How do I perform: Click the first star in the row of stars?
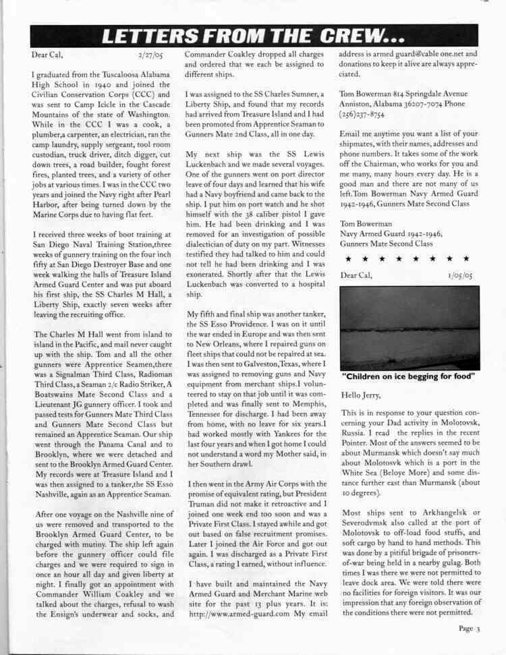pos(347,258)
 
